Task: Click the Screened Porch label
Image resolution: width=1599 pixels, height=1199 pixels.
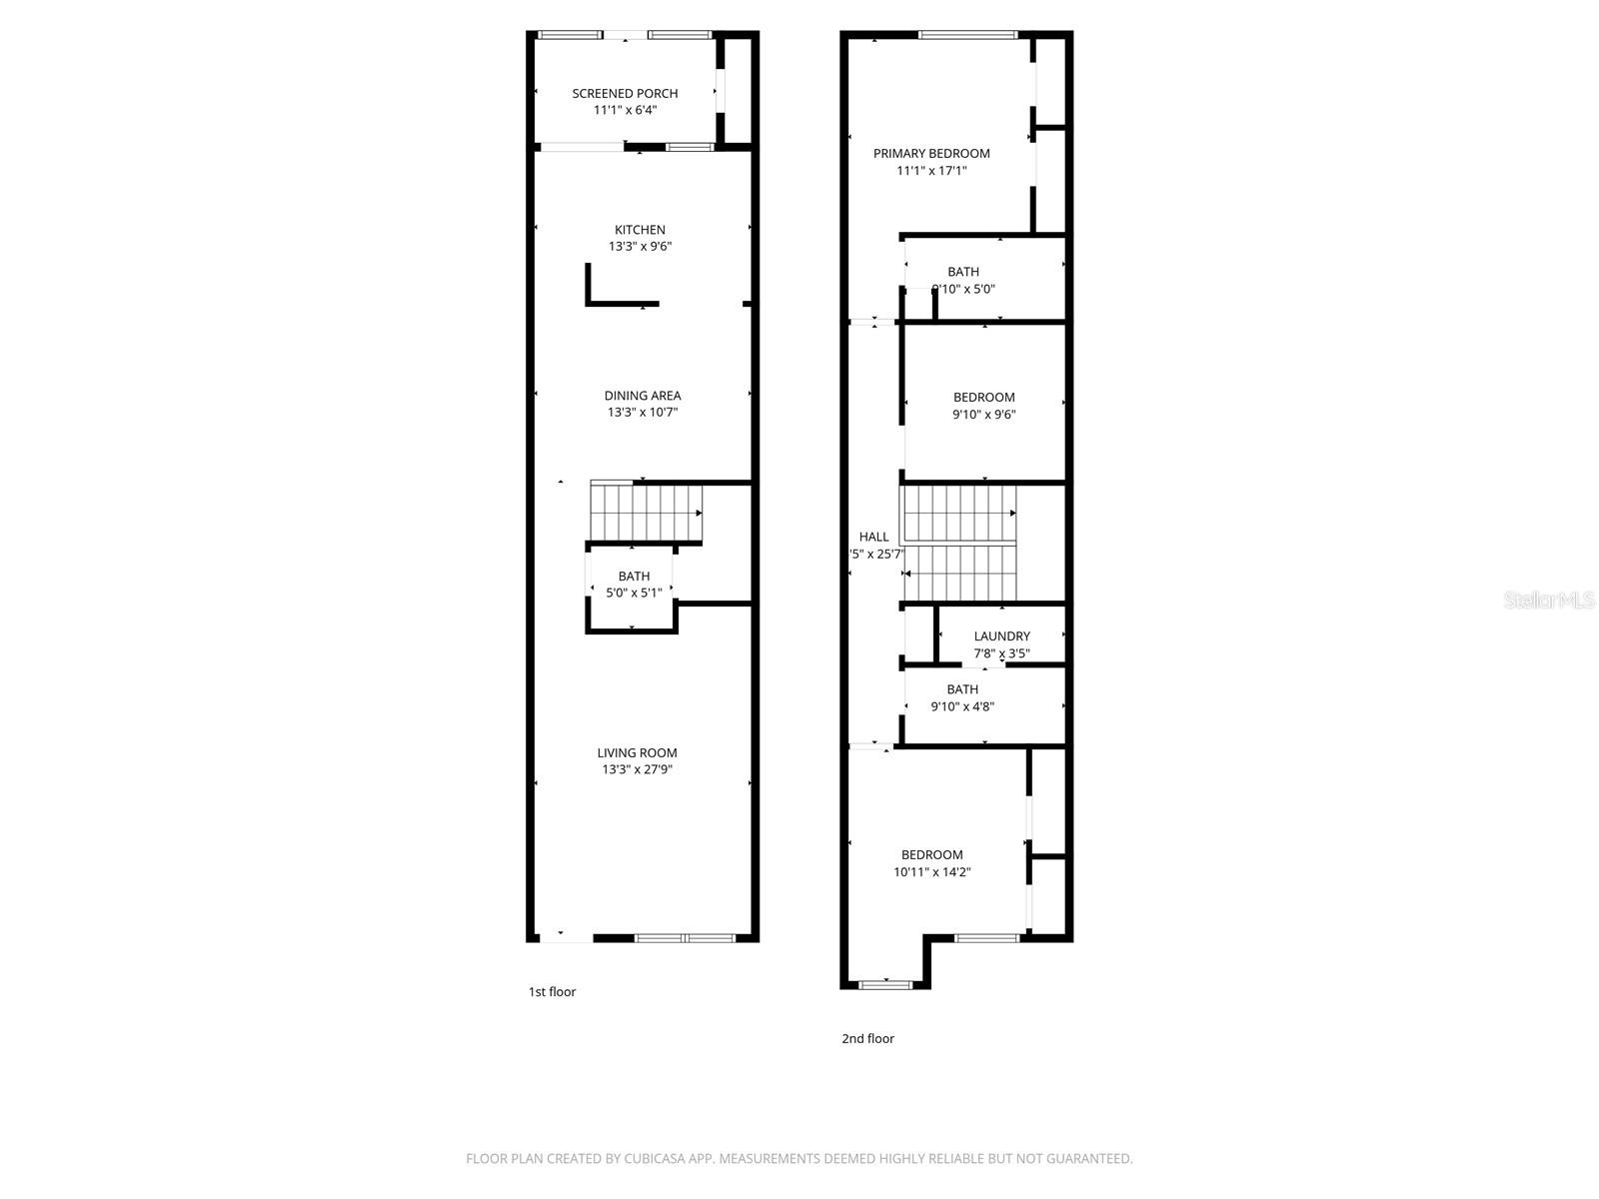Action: (625, 93)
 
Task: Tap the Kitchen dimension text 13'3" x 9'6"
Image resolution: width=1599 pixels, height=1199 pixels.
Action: (640, 246)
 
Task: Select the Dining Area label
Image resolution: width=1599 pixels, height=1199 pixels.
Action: (642, 396)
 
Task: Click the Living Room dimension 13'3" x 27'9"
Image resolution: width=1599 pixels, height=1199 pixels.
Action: (637, 769)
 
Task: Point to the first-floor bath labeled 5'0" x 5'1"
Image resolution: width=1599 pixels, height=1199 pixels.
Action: (634, 585)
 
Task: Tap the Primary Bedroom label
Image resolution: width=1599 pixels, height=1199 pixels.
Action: (931, 153)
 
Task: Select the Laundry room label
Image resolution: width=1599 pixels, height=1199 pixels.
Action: (1001, 636)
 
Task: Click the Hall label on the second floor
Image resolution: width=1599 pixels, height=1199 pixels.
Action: (873, 537)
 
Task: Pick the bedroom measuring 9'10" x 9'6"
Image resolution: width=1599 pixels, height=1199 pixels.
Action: (983, 405)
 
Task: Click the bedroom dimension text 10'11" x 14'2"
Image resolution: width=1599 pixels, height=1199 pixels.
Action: (931, 871)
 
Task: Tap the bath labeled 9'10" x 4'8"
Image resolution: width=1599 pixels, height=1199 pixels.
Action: (962, 697)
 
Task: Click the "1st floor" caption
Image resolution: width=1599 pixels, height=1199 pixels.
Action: (552, 992)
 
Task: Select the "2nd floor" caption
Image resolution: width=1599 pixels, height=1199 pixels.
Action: (867, 1038)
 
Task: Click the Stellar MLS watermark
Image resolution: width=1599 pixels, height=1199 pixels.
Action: (1549, 600)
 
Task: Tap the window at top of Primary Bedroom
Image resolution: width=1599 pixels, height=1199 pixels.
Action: (967, 36)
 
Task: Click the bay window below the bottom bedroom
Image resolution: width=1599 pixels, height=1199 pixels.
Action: (885, 985)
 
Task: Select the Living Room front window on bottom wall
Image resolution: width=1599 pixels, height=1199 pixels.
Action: (686, 938)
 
